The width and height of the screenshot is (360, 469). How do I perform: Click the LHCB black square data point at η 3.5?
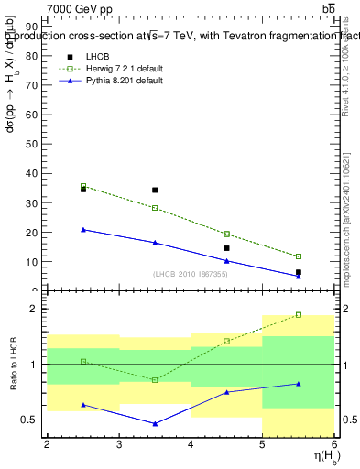[155, 191]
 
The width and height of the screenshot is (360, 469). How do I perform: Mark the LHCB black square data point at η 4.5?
[226, 248]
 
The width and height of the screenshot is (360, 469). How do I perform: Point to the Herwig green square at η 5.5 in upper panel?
[298, 256]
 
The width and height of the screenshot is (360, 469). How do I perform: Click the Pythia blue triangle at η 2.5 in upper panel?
[83, 230]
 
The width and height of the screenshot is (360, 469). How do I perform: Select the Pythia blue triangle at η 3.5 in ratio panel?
[155, 424]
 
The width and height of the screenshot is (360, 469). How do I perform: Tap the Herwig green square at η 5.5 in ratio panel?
[298, 314]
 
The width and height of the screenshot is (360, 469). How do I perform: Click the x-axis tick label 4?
[191, 444]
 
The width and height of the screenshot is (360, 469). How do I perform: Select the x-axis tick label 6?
[334, 444]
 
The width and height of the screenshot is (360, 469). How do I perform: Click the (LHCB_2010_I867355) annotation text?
[191, 275]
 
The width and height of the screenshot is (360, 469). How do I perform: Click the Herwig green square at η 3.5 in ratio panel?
[155, 379]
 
